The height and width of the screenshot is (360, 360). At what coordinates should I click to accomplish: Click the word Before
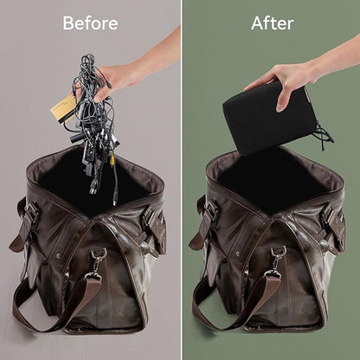(90, 23)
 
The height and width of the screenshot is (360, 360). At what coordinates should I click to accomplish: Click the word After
(273, 23)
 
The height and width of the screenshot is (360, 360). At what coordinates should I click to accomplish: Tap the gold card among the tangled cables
(64, 107)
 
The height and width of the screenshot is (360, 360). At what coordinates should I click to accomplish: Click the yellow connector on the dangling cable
(112, 158)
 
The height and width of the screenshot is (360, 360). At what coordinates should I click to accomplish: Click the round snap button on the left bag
(59, 255)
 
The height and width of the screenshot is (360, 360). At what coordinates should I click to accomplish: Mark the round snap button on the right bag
(238, 254)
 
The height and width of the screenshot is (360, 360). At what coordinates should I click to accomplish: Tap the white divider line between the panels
(182, 180)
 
